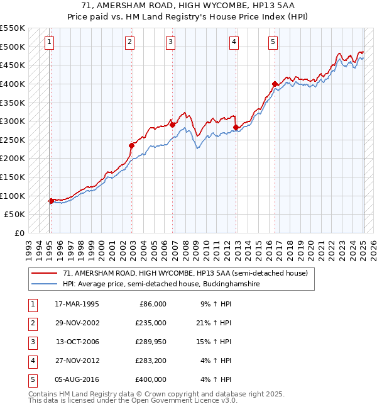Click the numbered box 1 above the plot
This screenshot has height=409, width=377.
[49, 42]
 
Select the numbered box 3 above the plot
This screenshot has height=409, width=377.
[170, 42]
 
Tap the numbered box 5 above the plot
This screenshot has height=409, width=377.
[273, 42]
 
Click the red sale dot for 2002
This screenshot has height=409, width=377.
[132, 145]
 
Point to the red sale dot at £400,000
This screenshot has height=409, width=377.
[275, 84]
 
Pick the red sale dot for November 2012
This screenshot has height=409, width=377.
[236, 127]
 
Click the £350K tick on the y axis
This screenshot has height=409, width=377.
[13, 102]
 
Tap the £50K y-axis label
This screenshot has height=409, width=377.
[16, 214]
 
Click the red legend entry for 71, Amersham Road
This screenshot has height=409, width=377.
[185, 274]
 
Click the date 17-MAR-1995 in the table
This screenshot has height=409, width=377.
[77, 304]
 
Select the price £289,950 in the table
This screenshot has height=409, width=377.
[151, 342]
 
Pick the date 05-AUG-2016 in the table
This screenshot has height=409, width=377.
[77, 379]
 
